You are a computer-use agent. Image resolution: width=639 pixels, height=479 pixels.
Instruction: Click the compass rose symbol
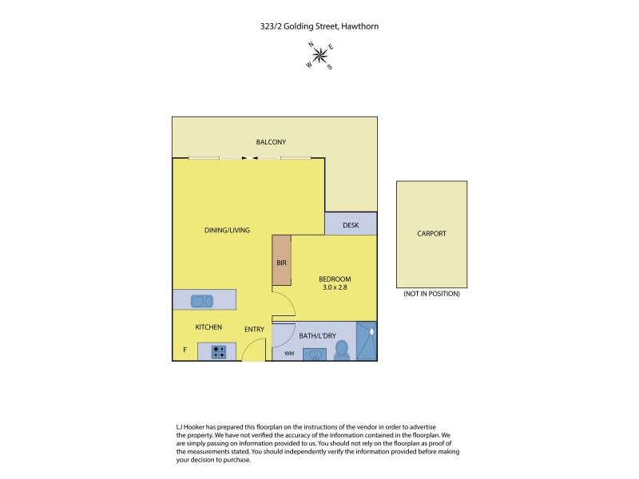(319, 55)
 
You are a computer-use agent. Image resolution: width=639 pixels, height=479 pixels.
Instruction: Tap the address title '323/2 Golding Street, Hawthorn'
(319, 26)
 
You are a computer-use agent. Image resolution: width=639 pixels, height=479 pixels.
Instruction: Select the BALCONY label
(271, 142)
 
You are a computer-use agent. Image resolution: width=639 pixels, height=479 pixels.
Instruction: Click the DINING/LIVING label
(227, 230)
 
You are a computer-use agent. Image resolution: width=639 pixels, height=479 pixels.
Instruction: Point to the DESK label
(351, 225)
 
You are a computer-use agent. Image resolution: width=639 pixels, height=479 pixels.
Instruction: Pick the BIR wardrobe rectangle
(281, 260)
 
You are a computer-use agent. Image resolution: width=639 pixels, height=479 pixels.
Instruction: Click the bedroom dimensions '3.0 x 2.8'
(335, 286)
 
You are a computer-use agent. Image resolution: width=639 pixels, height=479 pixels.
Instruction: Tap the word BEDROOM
(335, 278)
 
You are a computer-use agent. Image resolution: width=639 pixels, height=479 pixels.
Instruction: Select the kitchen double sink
(200, 301)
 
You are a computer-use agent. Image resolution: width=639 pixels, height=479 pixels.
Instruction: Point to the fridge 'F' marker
(185, 350)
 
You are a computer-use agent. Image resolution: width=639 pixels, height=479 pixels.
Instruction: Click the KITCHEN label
(208, 327)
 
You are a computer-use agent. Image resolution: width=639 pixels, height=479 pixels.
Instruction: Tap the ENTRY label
(254, 328)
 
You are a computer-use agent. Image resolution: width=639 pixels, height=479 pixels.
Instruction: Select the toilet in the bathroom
(341, 350)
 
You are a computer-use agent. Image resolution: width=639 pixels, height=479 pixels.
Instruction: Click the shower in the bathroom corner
(366, 342)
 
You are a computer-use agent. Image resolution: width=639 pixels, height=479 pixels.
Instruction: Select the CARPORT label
(431, 234)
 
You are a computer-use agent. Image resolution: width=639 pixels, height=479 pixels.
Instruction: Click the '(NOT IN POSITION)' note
(431, 294)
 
